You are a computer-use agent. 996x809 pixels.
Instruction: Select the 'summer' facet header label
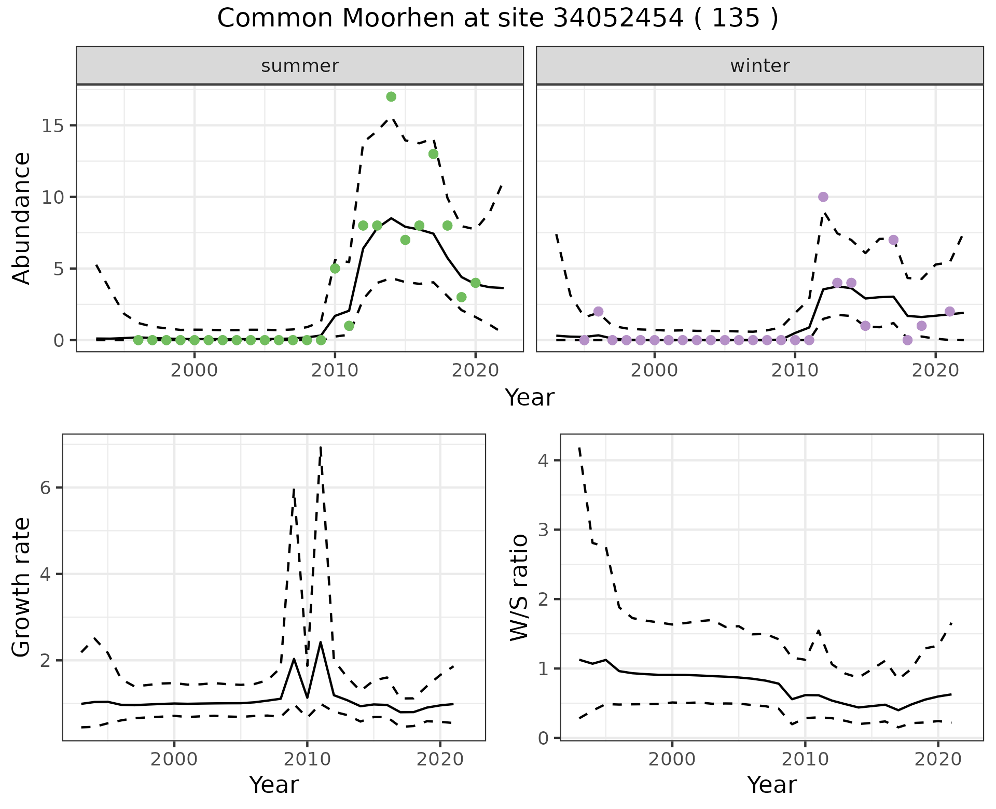click(x=300, y=66)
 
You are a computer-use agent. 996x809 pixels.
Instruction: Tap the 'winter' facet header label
click(x=759, y=66)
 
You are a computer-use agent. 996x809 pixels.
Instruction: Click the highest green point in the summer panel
click(x=391, y=96)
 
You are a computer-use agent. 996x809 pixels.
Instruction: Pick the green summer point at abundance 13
click(x=433, y=154)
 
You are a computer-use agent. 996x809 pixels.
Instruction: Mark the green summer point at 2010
click(x=335, y=269)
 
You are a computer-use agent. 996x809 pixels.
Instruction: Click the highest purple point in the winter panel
click(x=823, y=197)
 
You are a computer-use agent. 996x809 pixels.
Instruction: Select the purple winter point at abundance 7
click(x=893, y=240)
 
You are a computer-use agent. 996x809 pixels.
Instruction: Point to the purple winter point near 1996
click(x=598, y=312)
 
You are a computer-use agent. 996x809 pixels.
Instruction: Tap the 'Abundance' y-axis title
click(x=22, y=218)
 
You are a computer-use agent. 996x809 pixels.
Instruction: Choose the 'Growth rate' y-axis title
click(x=22, y=588)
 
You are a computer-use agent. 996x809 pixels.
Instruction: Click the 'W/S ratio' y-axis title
click(x=519, y=588)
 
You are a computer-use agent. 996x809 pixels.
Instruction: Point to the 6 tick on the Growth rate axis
click(x=46, y=488)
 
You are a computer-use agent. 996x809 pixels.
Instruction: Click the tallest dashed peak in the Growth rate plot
click(x=321, y=447)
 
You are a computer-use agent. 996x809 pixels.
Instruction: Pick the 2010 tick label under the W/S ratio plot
click(x=805, y=760)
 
